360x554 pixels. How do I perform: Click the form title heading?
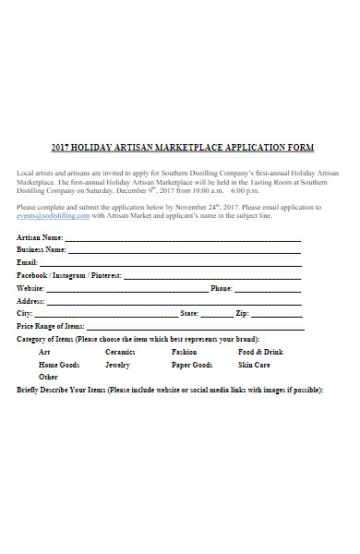click(183, 148)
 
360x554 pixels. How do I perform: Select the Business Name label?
click(42, 249)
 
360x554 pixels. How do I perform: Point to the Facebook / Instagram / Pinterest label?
click(68, 275)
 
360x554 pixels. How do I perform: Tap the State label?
click(189, 314)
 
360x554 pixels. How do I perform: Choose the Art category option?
click(44, 352)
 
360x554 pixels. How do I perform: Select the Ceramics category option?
click(120, 352)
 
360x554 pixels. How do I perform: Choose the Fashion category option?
click(184, 352)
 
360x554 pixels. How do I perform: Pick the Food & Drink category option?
click(260, 352)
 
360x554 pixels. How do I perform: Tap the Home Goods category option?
click(59, 365)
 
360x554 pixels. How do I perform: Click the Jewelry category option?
click(117, 365)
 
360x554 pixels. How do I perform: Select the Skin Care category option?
click(254, 365)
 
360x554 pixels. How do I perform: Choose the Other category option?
click(48, 377)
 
